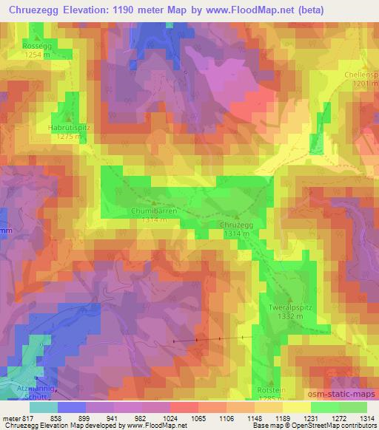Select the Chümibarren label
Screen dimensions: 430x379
click(154, 211)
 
